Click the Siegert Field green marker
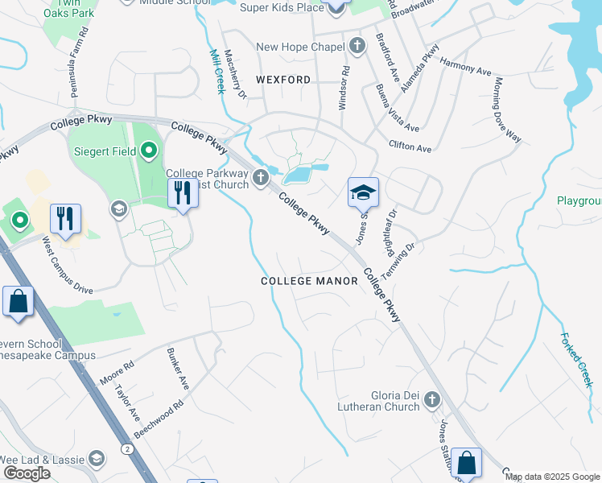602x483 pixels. point(149,151)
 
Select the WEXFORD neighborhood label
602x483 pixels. point(283,80)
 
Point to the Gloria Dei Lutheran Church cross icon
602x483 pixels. point(432,399)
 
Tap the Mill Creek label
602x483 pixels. point(216,71)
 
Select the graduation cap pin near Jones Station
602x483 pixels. point(363,192)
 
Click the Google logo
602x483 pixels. point(27,473)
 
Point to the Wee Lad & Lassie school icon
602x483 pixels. point(97,458)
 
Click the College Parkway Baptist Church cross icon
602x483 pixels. point(260,177)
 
